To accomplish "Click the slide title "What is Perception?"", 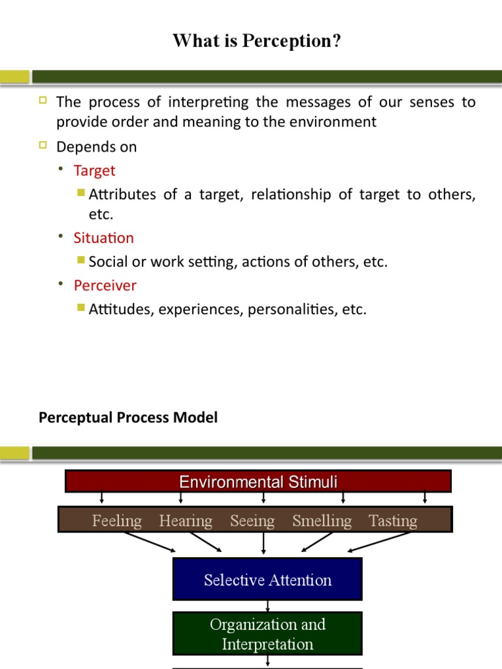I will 257,41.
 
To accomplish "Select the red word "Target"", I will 94,171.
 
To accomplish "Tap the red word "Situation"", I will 103,238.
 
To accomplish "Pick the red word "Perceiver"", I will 105,286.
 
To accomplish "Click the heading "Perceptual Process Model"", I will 128,417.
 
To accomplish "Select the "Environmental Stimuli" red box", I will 258,482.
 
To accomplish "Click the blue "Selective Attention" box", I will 267,579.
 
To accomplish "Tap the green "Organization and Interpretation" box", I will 267,634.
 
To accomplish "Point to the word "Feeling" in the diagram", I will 117,521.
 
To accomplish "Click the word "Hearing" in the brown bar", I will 186,521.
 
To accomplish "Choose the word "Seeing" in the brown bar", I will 252,521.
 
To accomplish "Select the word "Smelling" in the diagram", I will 322,521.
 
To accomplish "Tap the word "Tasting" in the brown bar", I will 393,521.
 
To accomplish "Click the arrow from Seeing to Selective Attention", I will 263,544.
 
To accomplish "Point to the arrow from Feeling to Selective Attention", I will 150,542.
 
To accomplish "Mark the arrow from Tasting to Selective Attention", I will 381,542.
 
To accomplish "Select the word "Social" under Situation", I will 107,262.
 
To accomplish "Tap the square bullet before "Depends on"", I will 43,146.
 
